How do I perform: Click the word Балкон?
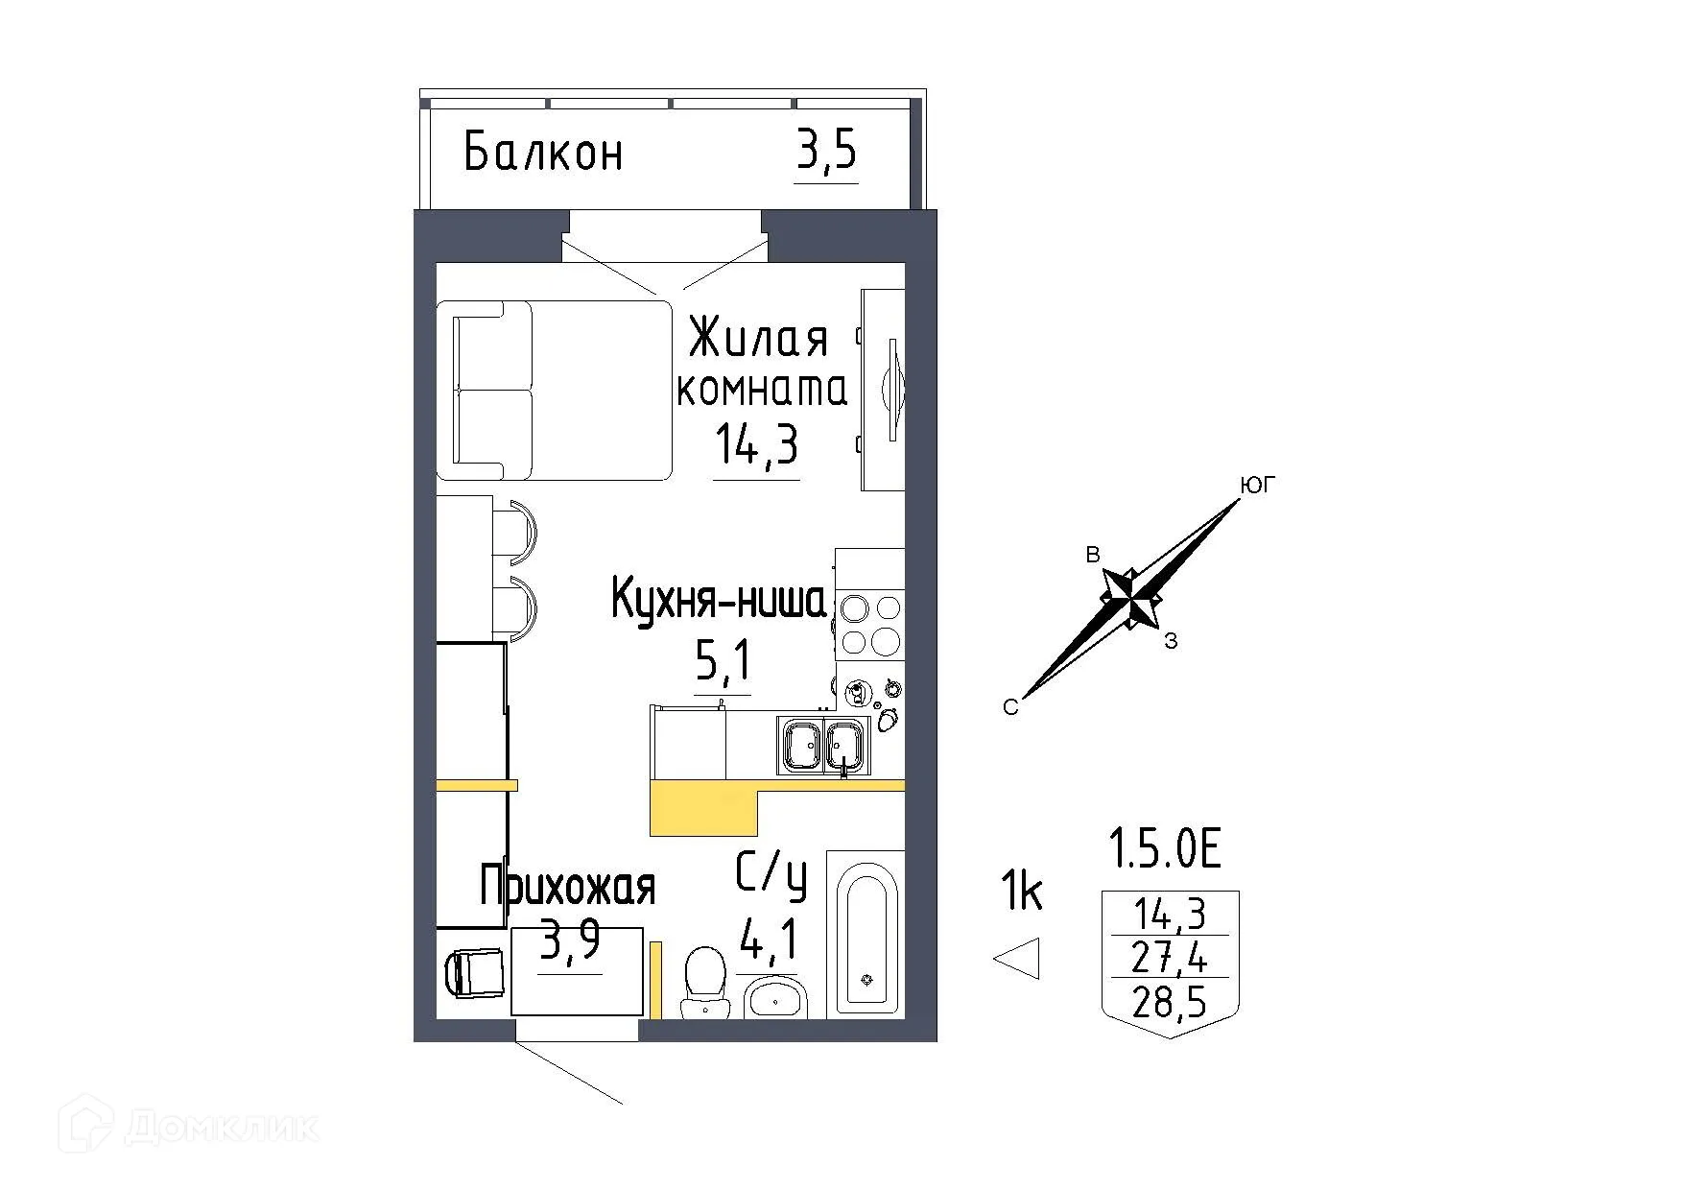(x=543, y=153)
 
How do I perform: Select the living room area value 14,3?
(x=756, y=445)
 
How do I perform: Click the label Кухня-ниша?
(x=718, y=601)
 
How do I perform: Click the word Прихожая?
(x=567, y=886)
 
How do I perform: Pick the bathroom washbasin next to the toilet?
(x=775, y=999)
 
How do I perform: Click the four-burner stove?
(x=870, y=624)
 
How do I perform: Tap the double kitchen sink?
(x=823, y=747)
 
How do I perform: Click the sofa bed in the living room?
(x=554, y=390)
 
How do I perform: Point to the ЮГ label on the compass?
(x=1258, y=487)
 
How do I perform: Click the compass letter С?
(x=1009, y=708)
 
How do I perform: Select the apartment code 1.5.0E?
(x=1164, y=849)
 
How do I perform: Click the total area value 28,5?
(x=1169, y=1003)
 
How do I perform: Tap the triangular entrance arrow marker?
(x=1019, y=958)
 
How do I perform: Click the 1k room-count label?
(x=1021, y=892)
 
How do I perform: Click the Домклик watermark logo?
(x=189, y=1126)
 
